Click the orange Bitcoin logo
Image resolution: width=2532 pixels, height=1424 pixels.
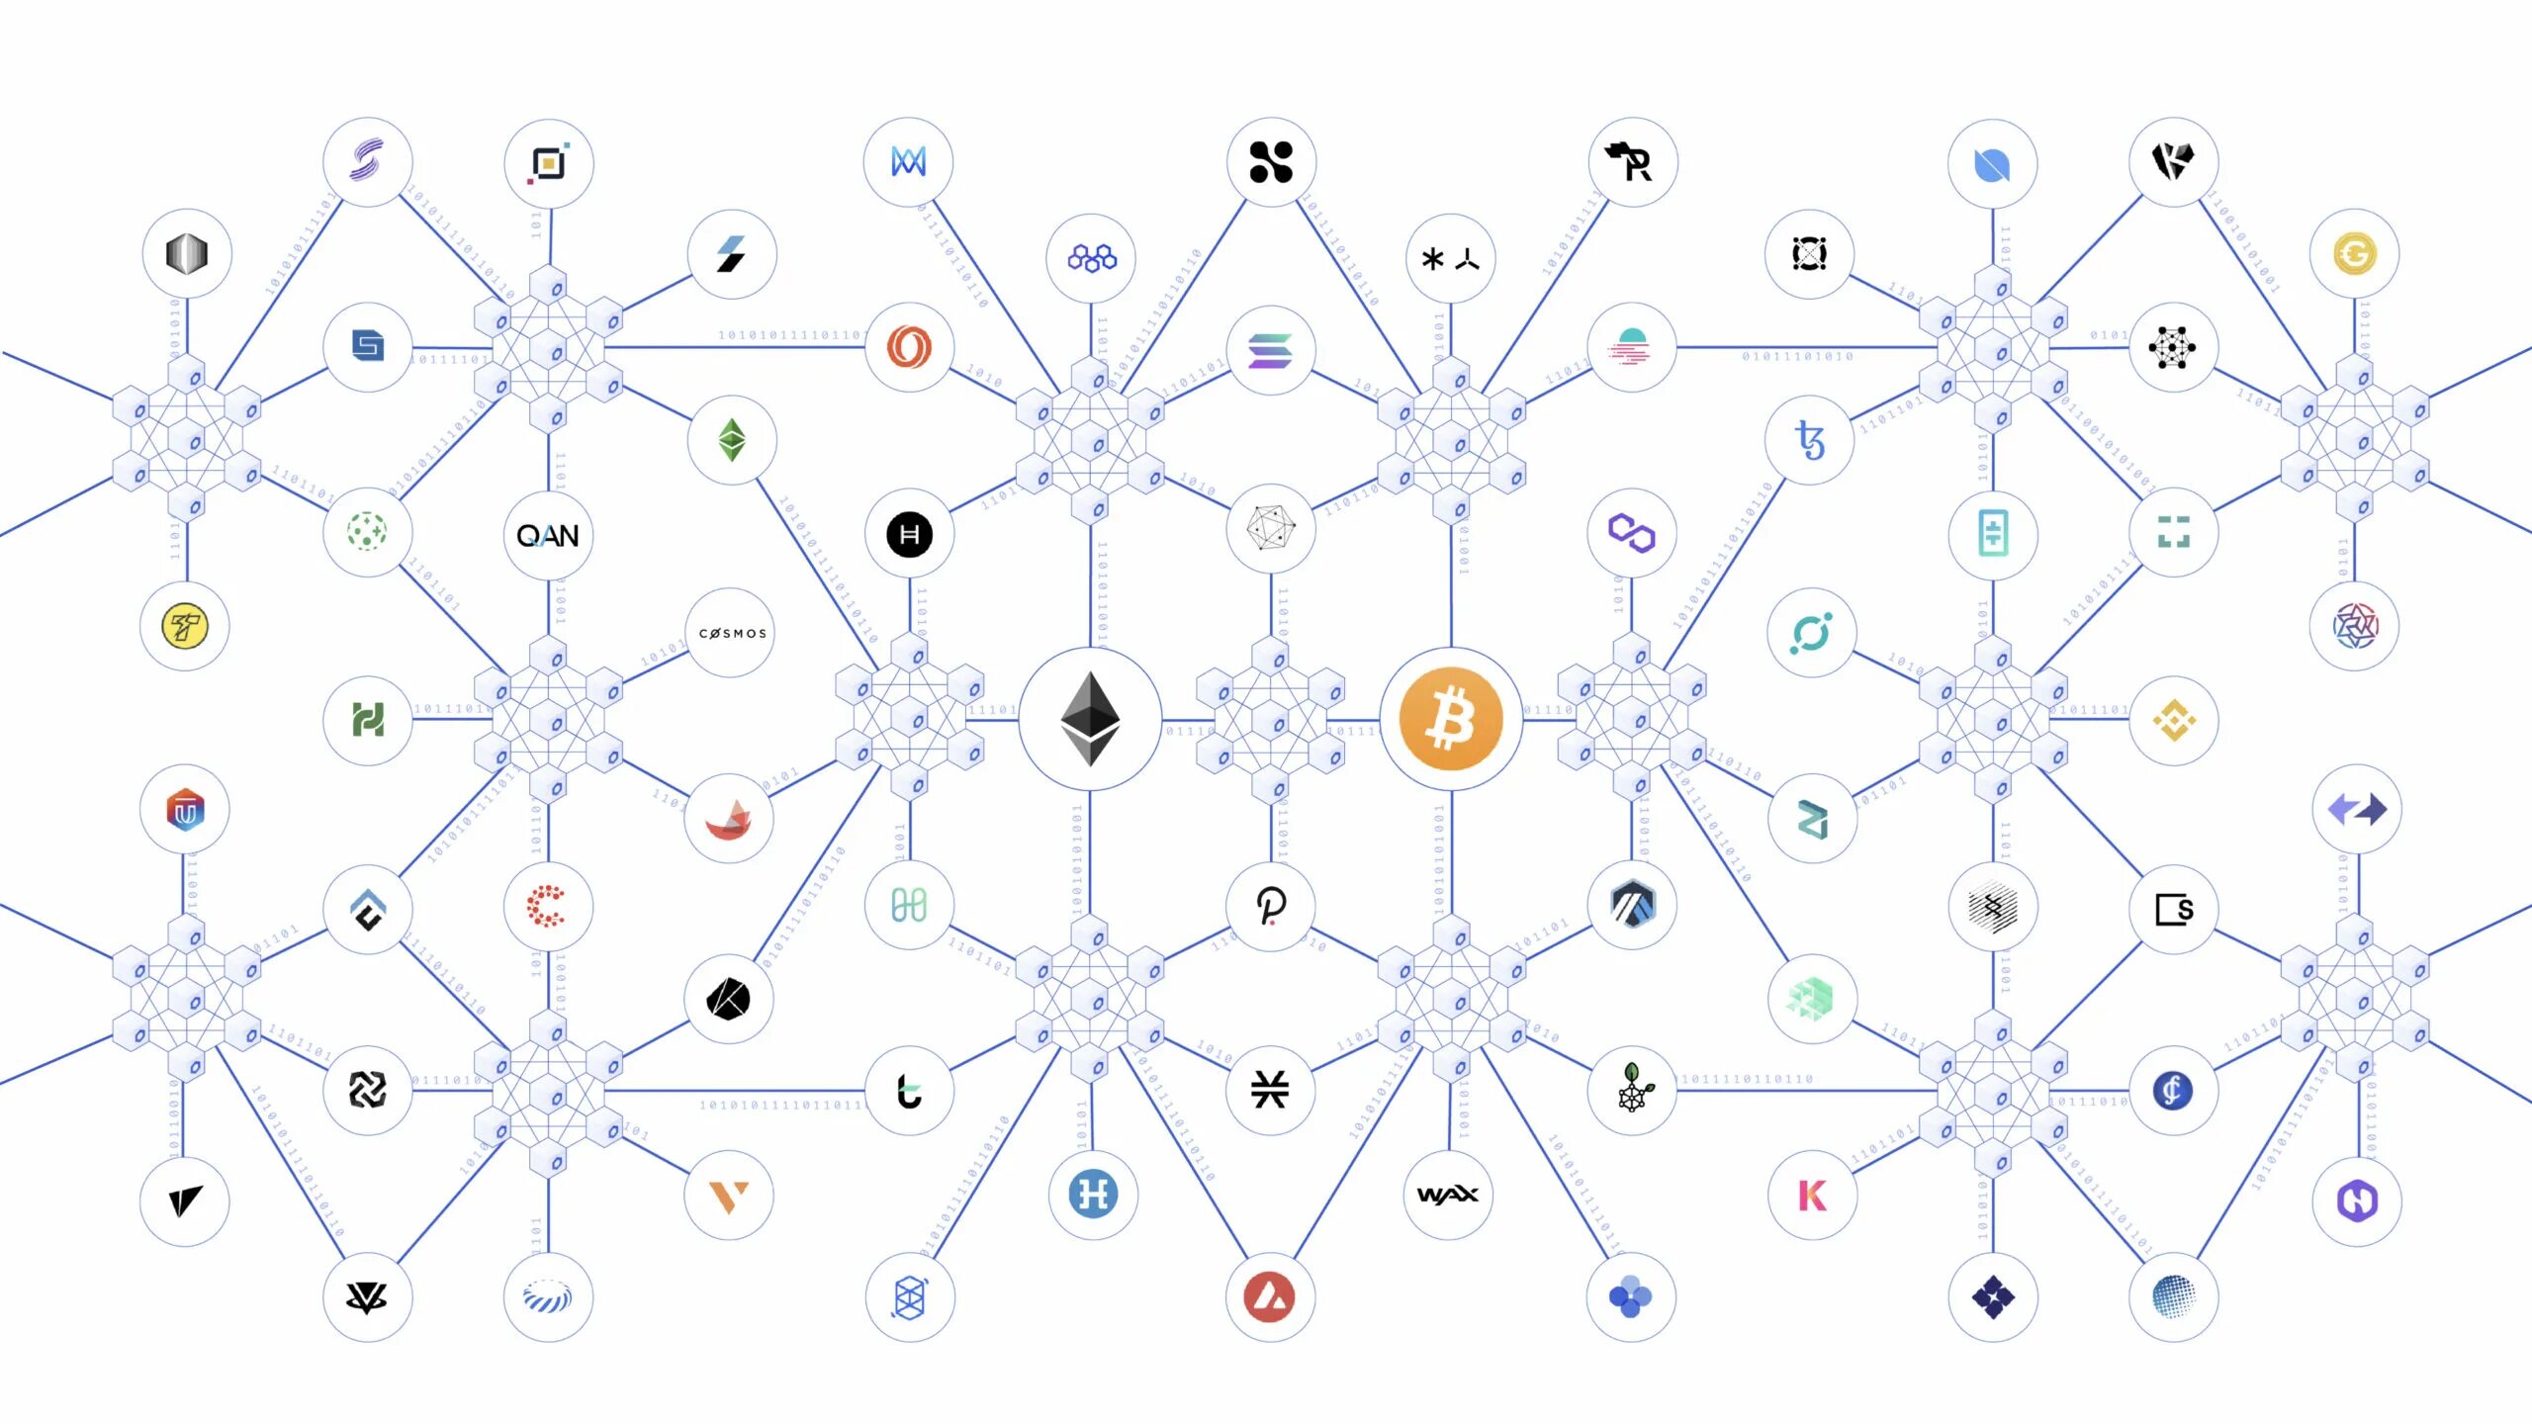[x=1451, y=719]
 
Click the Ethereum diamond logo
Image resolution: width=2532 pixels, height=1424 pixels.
[x=1090, y=719]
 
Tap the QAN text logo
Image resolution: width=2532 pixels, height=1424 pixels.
[x=548, y=536]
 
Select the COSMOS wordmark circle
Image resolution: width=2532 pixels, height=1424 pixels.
[x=731, y=633]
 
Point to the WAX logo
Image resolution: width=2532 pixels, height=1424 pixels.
[x=1448, y=1195]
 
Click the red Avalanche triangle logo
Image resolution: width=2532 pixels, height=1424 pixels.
[x=1270, y=1296]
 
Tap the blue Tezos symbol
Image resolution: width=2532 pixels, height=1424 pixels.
[x=1810, y=440]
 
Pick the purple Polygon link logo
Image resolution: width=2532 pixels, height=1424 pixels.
[x=1631, y=533]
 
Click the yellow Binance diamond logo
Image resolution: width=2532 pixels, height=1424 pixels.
[x=2173, y=720]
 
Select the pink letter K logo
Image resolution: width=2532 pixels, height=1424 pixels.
[x=1812, y=1195]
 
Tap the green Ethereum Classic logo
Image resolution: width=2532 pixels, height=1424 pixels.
[x=732, y=440]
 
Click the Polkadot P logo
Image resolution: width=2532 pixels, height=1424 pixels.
[x=1270, y=905]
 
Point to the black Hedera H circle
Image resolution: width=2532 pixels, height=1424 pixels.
[x=909, y=535]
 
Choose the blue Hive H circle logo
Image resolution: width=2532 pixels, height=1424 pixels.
[x=1093, y=1195]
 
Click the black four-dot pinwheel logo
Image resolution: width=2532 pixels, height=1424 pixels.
[x=1270, y=162]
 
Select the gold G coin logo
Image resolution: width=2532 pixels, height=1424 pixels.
[x=2354, y=254]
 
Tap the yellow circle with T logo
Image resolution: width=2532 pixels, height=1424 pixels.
[x=185, y=626]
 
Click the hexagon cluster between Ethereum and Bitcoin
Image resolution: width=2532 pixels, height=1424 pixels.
[x=1270, y=719]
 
